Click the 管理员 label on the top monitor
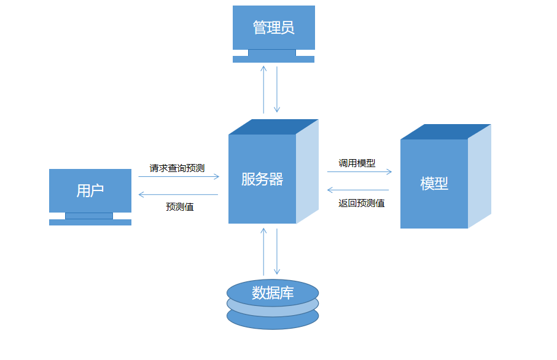click(273, 28)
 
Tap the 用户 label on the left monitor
click(90, 190)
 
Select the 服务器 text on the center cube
click(262, 179)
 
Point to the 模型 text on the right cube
click(434, 184)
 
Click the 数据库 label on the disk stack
click(273, 293)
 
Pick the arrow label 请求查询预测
click(177, 168)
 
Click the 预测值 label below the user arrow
click(179, 207)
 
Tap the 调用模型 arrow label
click(357, 163)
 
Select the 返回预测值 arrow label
click(362, 203)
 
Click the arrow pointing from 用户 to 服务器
click(178, 176)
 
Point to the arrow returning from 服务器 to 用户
click(178, 195)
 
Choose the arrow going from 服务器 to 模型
click(359, 172)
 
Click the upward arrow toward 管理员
click(263, 89)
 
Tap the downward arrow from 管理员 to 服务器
click(277, 89)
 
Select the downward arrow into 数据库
click(277, 251)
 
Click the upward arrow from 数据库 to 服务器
click(263, 251)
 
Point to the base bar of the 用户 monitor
click(90, 222)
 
